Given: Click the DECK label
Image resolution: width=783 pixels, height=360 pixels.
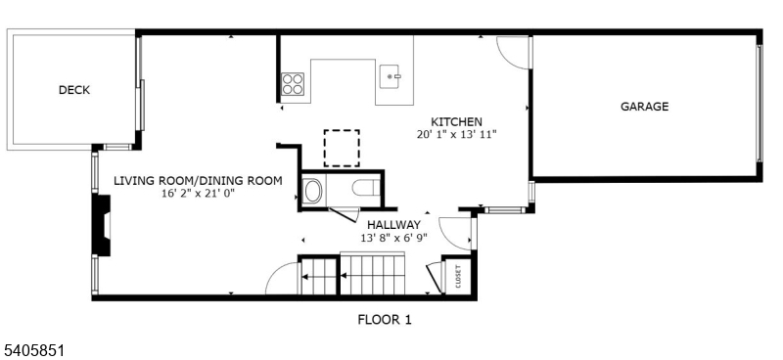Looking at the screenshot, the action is [x=74, y=90].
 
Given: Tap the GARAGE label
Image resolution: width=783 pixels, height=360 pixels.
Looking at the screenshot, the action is [x=644, y=107].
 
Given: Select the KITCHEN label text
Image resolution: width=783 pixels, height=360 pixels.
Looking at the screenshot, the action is [x=457, y=121].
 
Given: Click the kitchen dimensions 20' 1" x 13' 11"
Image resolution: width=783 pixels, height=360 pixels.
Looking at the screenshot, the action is [x=457, y=134].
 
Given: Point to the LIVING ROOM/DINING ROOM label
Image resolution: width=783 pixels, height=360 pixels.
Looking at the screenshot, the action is [x=198, y=181].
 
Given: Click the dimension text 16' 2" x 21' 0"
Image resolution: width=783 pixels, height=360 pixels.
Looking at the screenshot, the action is [x=198, y=194].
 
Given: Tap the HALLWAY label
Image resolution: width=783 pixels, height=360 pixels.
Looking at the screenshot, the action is [x=394, y=225].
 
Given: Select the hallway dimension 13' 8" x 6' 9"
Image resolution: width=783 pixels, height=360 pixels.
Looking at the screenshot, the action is [x=394, y=238].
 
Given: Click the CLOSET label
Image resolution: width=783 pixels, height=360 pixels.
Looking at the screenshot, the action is [x=458, y=276].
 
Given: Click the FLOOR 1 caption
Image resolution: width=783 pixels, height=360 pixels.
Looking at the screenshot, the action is [x=385, y=320].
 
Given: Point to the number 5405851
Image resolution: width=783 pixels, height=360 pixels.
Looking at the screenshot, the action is [x=33, y=350].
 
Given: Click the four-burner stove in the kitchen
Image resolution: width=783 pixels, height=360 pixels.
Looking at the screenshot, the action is [x=293, y=84].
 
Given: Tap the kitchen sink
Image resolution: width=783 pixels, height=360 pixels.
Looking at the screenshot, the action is [x=391, y=76].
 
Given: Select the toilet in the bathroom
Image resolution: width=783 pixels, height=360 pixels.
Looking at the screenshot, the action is [x=365, y=188].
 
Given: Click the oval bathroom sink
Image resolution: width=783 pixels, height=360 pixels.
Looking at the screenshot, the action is [x=313, y=191].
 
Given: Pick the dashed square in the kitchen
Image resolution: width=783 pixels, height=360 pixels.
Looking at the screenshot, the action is [x=342, y=148].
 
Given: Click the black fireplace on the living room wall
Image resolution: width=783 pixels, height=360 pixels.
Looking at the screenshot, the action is [x=103, y=225].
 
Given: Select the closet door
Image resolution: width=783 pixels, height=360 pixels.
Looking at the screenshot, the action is [x=435, y=277].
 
